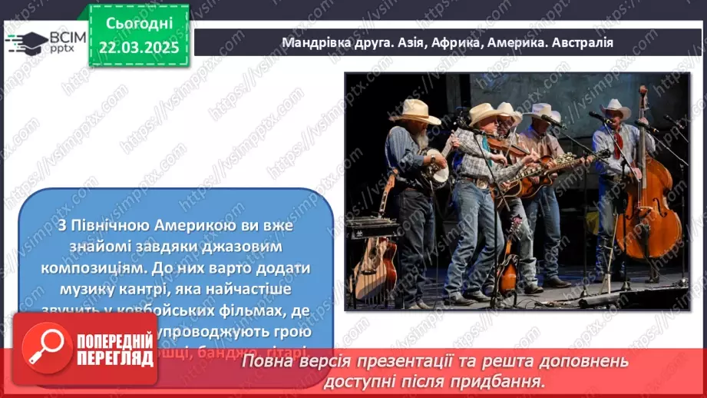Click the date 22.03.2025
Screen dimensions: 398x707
coord(138,48)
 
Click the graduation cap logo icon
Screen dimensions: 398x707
coord(27,41)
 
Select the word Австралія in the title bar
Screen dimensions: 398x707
coord(580,42)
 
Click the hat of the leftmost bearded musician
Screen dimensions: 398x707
coord(415,111)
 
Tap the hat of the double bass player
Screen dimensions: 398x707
coord(616,109)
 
